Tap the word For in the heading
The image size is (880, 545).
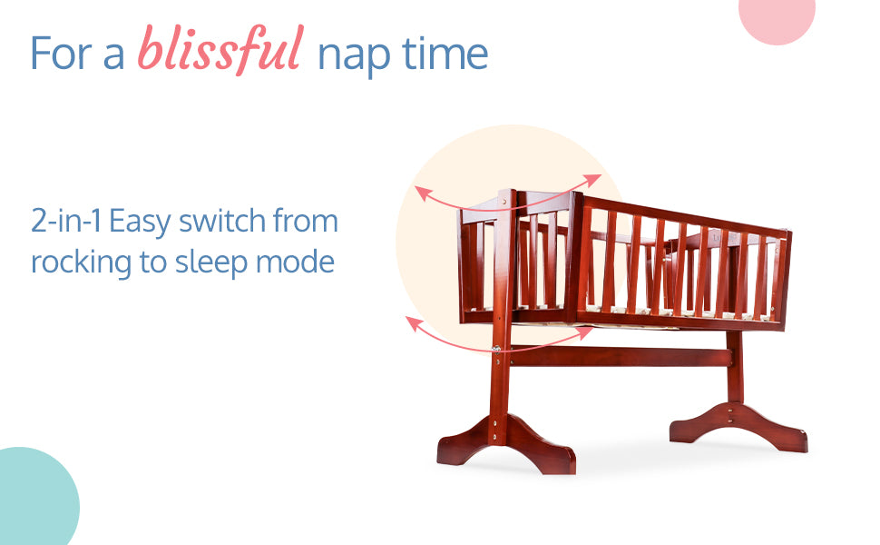pos(61,54)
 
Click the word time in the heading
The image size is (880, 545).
pos(445,54)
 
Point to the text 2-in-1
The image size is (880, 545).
pos(66,220)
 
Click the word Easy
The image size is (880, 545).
pos(140,223)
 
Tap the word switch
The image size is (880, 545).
pos(222,220)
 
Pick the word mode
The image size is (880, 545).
pos(295,262)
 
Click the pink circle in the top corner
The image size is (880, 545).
pos(777,17)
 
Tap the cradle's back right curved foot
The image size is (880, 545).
pos(738,425)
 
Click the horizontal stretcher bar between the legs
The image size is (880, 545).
pos(621,356)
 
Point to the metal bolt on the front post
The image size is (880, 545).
pos(496,349)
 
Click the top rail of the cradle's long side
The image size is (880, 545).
pos(685,216)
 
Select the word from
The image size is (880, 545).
pos(306,220)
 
